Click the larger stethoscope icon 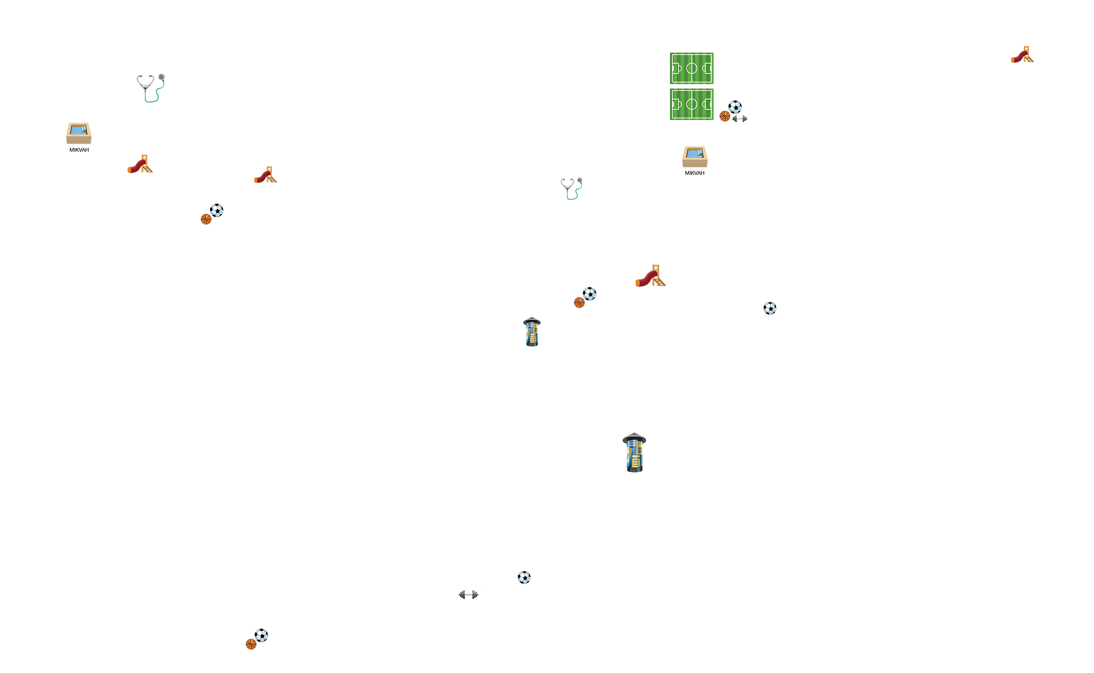click(x=151, y=88)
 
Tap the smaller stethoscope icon click(x=572, y=189)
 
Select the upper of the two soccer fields click(x=692, y=68)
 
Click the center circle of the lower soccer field click(x=692, y=104)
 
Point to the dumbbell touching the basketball click(x=740, y=119)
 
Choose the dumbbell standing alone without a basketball click(x=468, y=594)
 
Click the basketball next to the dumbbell click(x=725, y=116)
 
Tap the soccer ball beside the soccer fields click(x=735, y=107)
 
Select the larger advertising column click(x=635, y=452)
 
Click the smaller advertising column click(x=532, y=332)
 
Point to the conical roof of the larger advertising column click(x=635, y=438)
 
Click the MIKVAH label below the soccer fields click(x=694, y=173)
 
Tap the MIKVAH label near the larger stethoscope click(x=79, y=150)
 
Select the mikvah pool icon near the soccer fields click(x=695, y=157)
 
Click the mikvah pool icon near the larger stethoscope click(x=79, y=134)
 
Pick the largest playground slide click(x=651, y=276)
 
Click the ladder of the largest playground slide click(x=659, y=275)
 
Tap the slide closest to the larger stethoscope click(x=140, y=164)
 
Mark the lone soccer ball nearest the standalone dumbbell click(x=524, y=577)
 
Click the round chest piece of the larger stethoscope click(x=161, y=77)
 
